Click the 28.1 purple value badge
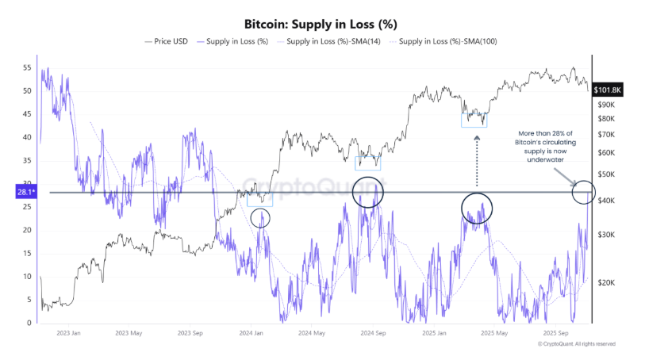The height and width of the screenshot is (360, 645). point(23,191)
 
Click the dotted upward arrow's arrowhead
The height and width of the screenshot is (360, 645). point(477,139)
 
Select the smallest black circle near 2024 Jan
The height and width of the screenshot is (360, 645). point(260,218)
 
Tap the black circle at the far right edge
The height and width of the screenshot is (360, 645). point(584,191)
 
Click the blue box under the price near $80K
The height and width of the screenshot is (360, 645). point(474,120)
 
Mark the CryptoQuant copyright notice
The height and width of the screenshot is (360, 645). point(576,344)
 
